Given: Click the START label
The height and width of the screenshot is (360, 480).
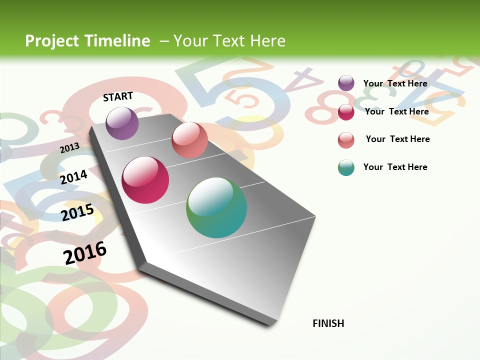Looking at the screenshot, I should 118,96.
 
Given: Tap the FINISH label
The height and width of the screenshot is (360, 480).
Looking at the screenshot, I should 328,323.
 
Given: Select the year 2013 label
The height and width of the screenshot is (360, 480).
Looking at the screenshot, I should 69,148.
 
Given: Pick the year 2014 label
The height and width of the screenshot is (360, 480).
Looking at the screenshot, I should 73,177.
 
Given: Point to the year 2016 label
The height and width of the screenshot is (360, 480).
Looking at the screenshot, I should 85,253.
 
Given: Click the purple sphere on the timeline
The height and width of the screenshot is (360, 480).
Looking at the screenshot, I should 122,123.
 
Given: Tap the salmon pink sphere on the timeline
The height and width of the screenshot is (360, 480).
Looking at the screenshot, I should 189,140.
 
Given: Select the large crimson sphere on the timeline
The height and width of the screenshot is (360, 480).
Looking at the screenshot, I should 145,180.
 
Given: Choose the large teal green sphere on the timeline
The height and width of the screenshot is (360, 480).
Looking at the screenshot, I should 216,207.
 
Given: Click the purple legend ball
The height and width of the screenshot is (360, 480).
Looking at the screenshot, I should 346,83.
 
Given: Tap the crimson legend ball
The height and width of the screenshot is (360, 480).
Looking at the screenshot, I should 346,111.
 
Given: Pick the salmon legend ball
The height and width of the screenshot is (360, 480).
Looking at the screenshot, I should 346,139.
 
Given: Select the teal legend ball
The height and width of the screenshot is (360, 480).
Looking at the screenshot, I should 346,167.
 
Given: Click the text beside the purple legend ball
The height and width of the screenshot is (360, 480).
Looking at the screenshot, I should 395,83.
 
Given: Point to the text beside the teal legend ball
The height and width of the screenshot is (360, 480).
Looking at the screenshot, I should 395,167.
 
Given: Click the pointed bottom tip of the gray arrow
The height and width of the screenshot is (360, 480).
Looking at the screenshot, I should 270,324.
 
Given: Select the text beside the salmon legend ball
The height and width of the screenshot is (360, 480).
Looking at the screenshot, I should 397,139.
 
